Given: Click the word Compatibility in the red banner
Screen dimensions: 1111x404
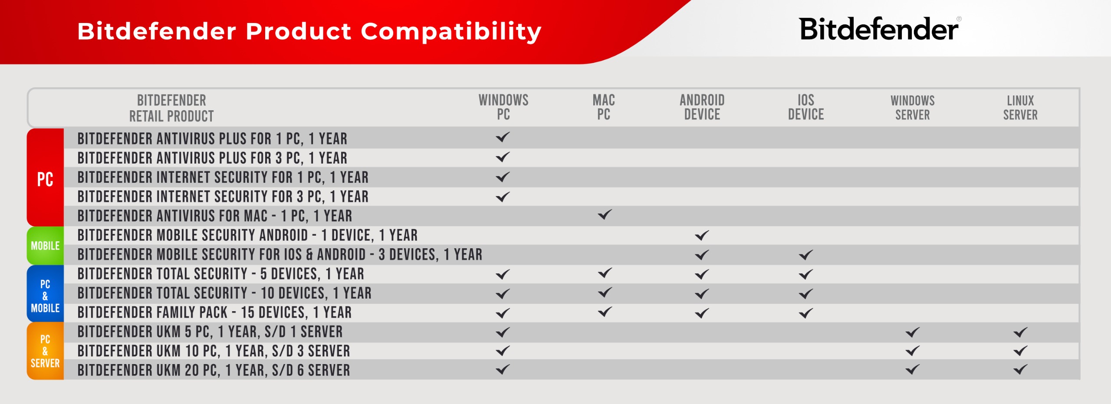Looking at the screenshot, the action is point(451,32).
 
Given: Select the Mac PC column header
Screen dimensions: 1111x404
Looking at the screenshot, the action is point(604,107).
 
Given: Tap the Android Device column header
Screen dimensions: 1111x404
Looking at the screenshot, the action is point(702,107).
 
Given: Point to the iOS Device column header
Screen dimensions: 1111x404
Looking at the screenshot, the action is point(806,107).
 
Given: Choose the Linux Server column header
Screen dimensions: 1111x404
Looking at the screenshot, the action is point(1020,108).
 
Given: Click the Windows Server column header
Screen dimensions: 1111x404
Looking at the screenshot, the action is point(913,108).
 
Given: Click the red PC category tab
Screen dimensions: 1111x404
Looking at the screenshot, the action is point(45,177).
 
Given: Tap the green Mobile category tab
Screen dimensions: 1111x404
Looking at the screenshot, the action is point(45,246).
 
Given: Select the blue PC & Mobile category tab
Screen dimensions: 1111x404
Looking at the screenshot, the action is point(45,294).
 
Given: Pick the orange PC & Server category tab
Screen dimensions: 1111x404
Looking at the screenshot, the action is point(45,351).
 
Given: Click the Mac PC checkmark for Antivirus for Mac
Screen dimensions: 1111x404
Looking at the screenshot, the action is point(605,214).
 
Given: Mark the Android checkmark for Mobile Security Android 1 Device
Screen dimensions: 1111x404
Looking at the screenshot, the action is point(702,235).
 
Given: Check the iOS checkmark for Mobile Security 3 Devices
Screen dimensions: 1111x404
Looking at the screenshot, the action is point(806,255).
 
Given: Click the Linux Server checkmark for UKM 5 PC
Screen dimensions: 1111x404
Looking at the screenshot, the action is point(1020,332).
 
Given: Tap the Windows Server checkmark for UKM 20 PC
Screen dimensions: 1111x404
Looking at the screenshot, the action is point(913,369).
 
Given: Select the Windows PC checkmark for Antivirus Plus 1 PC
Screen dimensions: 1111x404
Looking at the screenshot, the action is point(503,137).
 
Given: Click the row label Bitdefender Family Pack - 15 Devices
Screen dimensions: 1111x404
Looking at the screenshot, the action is point(214,312).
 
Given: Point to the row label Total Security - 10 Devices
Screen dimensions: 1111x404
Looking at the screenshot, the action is point(224,293).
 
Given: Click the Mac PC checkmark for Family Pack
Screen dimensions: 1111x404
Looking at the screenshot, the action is point(605,312).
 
